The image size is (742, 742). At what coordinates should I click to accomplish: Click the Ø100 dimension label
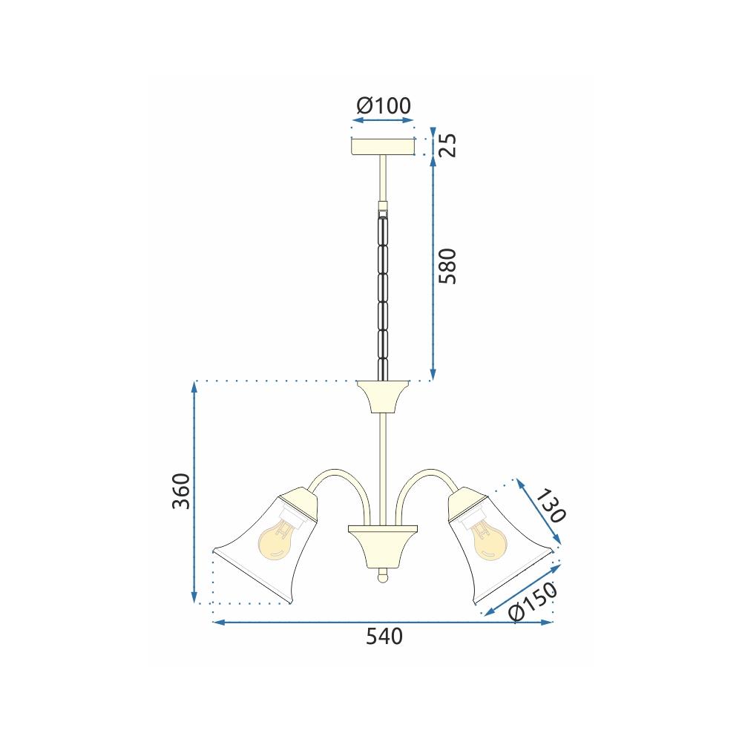point(384,105)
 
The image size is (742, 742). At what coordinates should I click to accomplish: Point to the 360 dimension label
point(181,490)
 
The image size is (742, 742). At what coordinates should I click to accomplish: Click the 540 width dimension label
point(384,637)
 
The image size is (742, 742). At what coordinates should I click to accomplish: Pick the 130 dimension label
point(551,506)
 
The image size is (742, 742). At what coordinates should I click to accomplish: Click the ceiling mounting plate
point(384,146)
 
